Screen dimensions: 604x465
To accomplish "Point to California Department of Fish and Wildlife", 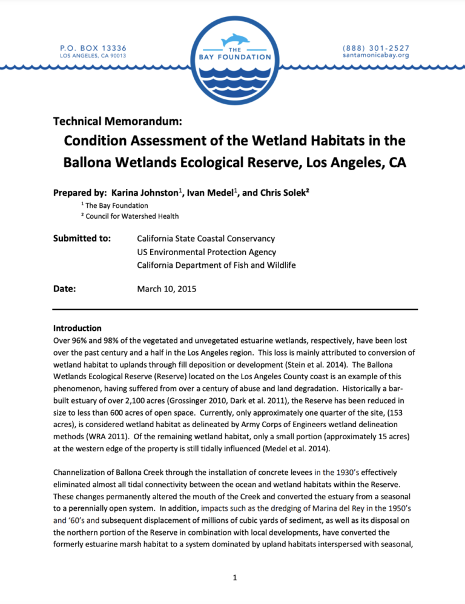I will tap(217, 265).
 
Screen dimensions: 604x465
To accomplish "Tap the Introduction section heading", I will tap(77, 328).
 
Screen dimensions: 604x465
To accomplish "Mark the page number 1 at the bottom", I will tap(232, 578).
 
